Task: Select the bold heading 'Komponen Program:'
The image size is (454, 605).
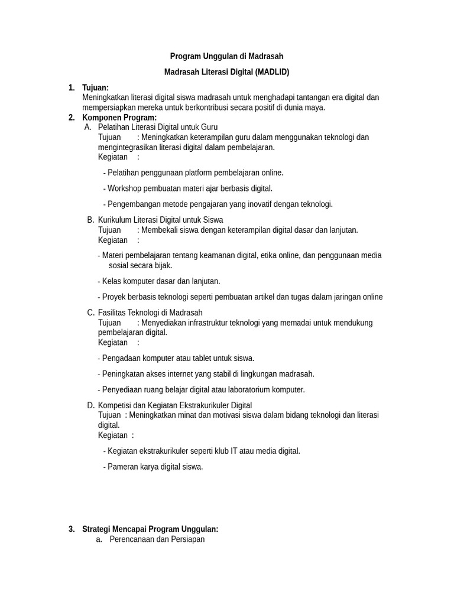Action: [x=119, y=118]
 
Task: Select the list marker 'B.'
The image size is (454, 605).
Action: [x=91, y=220]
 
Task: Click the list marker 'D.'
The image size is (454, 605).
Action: [x=91, y=405]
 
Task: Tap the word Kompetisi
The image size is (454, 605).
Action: [x=116, y=405]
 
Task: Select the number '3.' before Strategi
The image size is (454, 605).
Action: [x=72, y=529]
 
